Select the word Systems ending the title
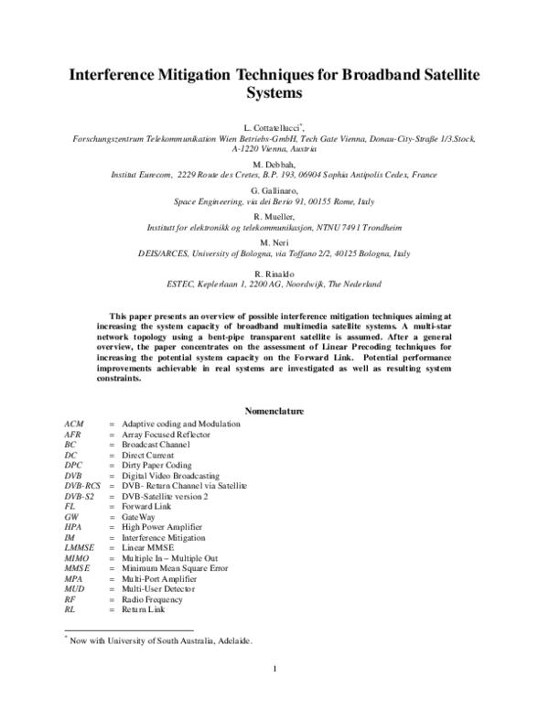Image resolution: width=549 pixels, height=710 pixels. (274, 92)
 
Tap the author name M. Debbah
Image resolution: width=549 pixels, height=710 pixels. (274, 163)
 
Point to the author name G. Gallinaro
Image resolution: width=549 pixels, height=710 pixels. (274, 188)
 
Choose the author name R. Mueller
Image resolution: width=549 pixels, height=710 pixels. (274, 214)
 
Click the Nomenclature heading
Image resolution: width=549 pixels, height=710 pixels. (274, 412)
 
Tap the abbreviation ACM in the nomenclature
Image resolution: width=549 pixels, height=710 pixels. (74, 425)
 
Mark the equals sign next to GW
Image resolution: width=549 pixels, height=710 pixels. (111, 517)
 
